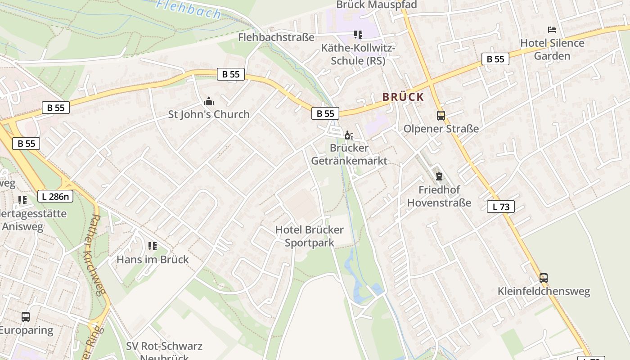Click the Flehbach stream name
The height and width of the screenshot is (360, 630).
point(189,9)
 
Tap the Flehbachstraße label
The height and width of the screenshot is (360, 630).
point(276,37)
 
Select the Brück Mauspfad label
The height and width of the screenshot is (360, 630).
point(377,5)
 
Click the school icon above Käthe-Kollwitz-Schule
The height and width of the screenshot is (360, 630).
point(358,34)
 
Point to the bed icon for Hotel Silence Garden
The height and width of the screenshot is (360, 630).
point(552,30)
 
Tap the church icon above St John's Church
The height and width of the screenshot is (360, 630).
point(209,101)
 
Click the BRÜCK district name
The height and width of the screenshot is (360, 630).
point(403,97)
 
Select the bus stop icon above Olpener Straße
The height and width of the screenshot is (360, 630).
point(441,116)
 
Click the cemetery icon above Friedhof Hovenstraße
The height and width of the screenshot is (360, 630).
point(439,176)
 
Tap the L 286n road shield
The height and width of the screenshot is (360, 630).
point(55,196)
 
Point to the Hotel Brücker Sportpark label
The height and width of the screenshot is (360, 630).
point(310,236)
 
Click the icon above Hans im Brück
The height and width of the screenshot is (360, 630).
point(153,246)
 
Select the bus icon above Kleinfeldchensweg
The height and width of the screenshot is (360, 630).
point(544,278)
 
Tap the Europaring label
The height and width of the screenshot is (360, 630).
point(26,330)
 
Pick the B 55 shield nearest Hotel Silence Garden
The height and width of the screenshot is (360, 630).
point(495,59)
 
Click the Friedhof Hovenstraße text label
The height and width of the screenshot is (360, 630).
point(439,196)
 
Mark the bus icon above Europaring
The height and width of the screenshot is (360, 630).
point(26,317)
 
